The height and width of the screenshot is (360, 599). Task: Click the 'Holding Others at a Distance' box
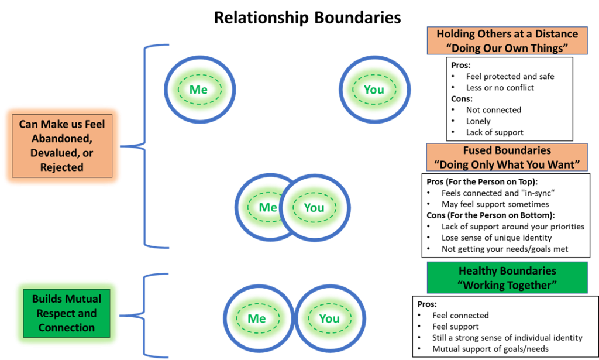[x=507, y=41]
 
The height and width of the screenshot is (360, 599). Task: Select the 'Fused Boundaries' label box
[x=507, y=157]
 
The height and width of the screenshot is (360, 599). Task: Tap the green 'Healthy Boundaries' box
[x=507, y=277]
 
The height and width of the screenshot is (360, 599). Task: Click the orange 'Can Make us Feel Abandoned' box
[x=62, y=146]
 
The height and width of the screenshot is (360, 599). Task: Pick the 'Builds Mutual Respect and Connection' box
[x=66, y=313]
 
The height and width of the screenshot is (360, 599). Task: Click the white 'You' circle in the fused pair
[x=314, y=208]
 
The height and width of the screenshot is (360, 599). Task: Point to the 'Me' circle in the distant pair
[x=199, y=90]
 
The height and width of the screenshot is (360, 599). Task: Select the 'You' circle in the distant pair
[x=374, y=90]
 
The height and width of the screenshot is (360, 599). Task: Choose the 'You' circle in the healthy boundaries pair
[x=329, y=318]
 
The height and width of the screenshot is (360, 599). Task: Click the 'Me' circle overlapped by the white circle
[x=260, y=207]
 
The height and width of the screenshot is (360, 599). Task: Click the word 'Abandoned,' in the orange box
[x=61, y=139]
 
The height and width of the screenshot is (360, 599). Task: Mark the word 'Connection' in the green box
[x=66, y=328]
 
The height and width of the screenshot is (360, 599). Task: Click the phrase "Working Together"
[x=507, y=285]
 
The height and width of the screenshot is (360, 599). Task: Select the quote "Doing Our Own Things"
[x=507, y=48]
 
